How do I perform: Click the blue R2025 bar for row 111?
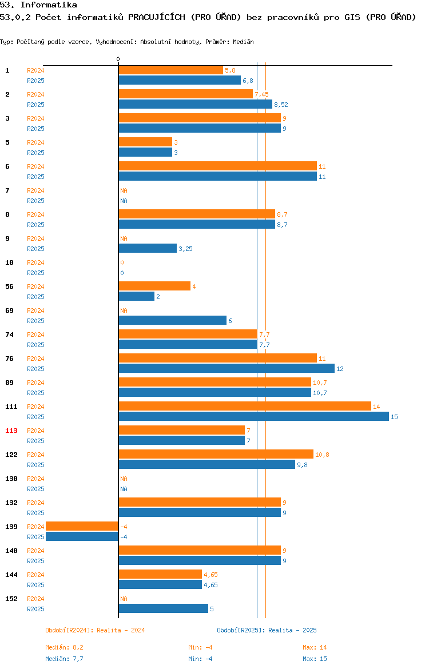[254, 417]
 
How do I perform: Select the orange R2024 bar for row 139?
[82, 527]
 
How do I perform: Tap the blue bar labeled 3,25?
[148, 248]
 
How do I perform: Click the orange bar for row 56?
[154, 286]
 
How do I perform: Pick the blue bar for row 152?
[164, 608]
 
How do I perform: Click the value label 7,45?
[261, 94]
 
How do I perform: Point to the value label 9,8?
[302, 465]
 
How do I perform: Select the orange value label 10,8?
[322, 455]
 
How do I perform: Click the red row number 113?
[11, 431]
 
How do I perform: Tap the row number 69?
[9, 310]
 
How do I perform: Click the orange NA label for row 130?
[124, 479]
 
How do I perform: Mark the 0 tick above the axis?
[118, 59]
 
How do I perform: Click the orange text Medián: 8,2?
[65, 647]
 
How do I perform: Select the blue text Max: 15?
[315, 659]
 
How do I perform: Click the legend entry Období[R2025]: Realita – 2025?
[267, 630]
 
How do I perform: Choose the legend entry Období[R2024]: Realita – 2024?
[95, 630]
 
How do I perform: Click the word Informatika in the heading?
[49, 5]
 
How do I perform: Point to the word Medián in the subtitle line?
[243, 42]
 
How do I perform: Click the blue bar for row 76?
[227, 369]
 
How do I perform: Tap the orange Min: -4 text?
[200, 647]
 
